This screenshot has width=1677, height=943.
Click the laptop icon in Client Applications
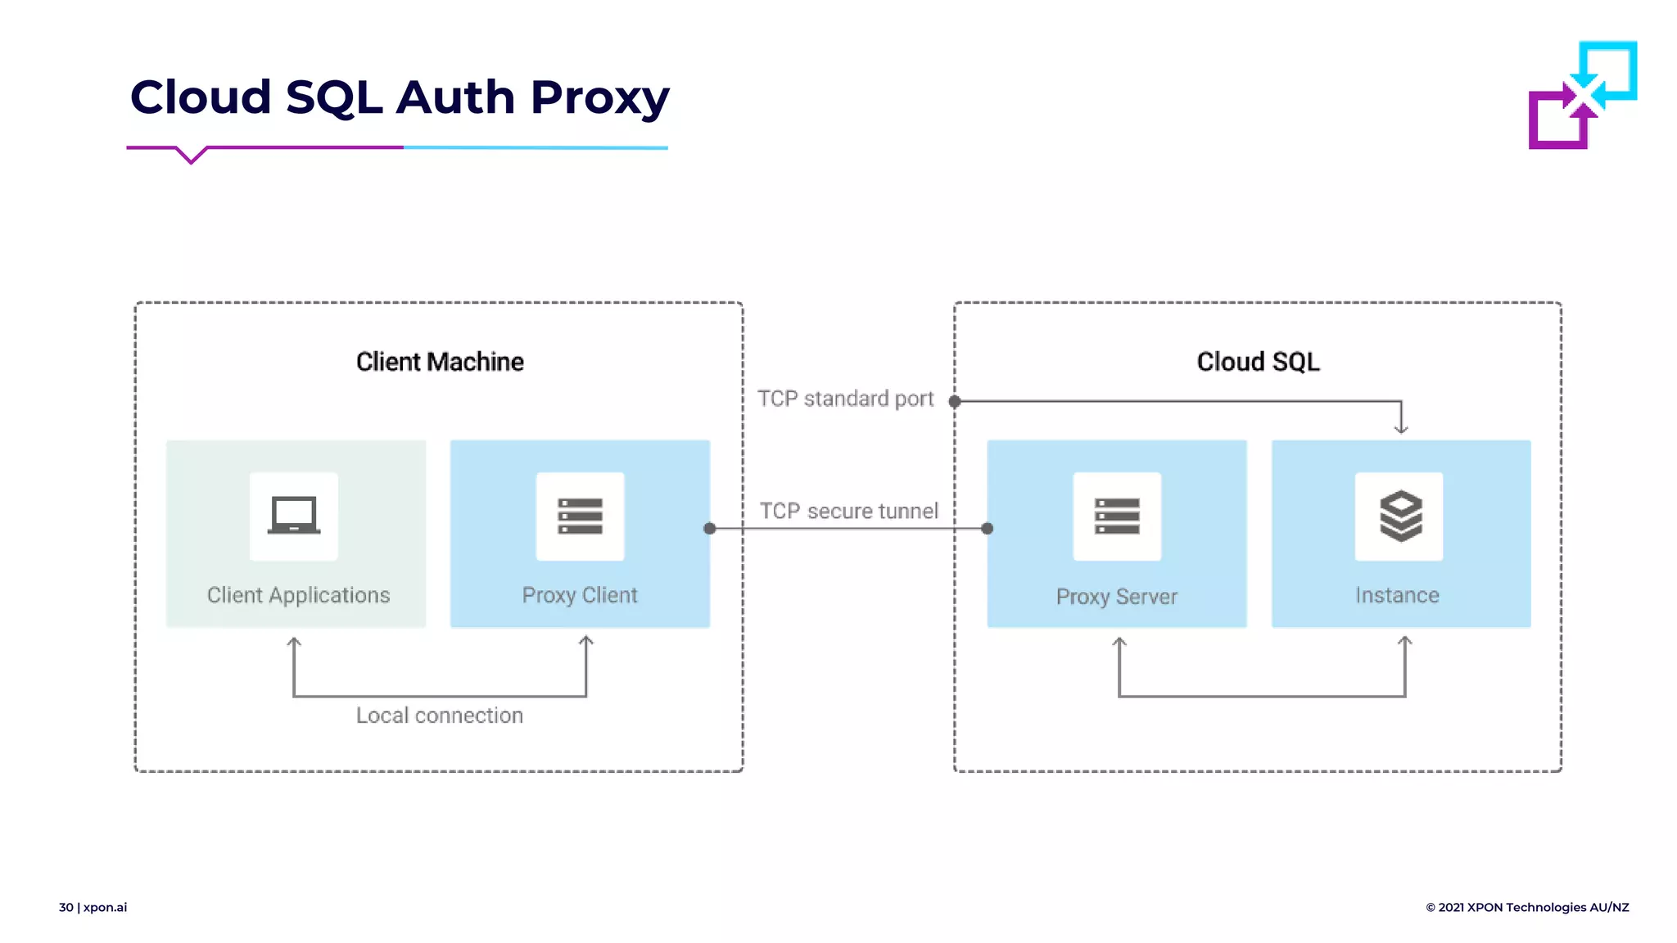[x=294, y=516]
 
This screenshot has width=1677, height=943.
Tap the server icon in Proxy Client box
[x=580, y=516]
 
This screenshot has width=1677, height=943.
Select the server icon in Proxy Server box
[x=1117, y=516]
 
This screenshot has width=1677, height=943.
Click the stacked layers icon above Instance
[x=1400, y=516]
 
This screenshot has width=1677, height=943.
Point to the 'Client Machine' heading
[x=440, y=362]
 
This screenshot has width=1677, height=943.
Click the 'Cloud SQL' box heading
[x=1258, y=362]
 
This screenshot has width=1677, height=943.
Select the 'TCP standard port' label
[x=845, y=399]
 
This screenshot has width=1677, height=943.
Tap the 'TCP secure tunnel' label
[x=848, y=511]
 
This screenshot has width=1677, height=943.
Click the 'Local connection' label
[x=439, y=715]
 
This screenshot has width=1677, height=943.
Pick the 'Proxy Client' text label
[x=580, y=595]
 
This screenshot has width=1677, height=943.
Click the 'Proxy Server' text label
[x=1117, y=597]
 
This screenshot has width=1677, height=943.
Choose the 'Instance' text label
[x=1397, y=595]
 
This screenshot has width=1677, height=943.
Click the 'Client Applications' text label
[x=298, y=595]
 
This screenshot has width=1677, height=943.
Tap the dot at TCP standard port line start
[x=955, y=401]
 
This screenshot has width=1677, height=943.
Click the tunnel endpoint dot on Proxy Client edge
[x=710, y=529]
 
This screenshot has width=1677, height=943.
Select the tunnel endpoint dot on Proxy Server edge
[x=988, y=529]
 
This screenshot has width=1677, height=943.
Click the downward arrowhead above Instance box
[x=1401, y=427]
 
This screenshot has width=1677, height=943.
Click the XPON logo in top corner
[x=1582, y=95]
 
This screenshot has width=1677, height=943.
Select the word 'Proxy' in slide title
[x=599, y=98]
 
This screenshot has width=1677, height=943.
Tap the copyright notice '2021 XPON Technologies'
[x=1527, y=907]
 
